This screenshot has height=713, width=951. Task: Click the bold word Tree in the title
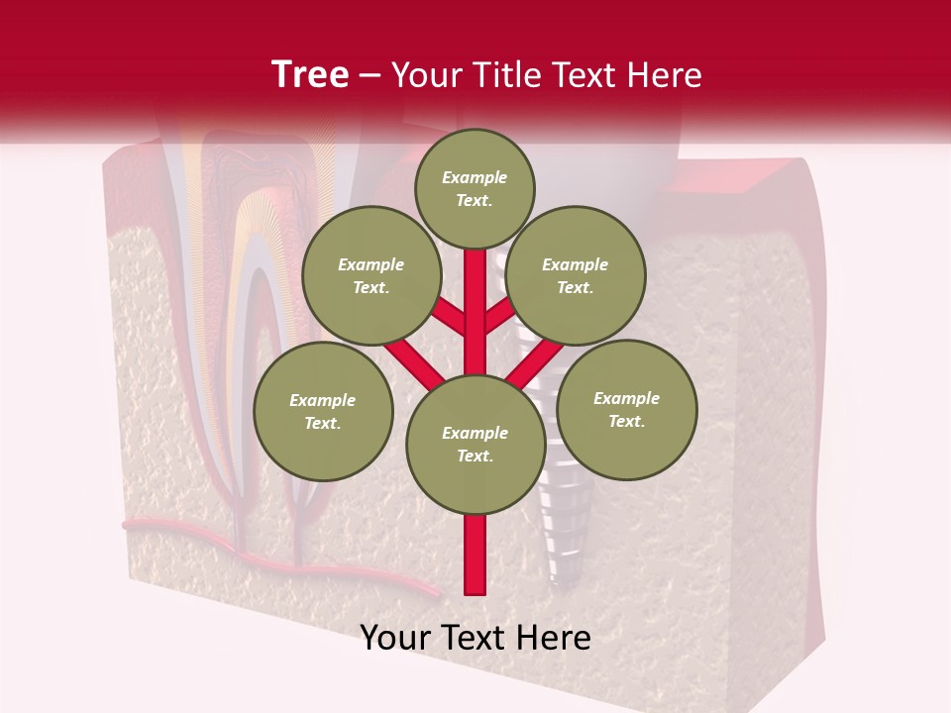310,75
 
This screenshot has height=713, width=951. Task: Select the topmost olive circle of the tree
475,188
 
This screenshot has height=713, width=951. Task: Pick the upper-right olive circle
576,275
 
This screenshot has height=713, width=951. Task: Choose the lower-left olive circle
323,411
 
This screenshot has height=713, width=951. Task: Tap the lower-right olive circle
627,409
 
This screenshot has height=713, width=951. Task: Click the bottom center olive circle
475,444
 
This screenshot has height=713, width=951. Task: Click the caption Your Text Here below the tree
475,638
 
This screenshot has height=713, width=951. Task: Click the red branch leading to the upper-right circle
499,316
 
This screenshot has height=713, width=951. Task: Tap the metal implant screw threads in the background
557,535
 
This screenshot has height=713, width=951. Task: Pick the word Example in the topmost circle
475,177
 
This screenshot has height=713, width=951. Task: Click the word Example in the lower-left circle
323,400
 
